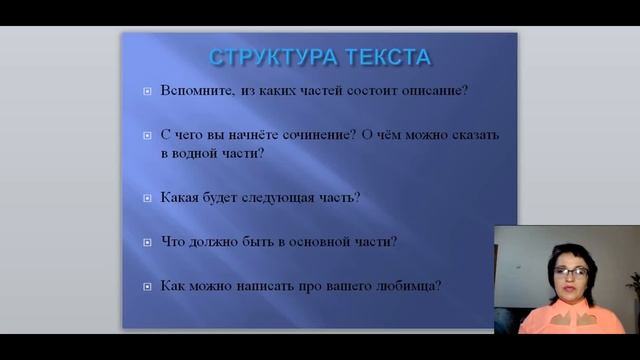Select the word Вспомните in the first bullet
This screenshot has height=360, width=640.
[x=193, y=90]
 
